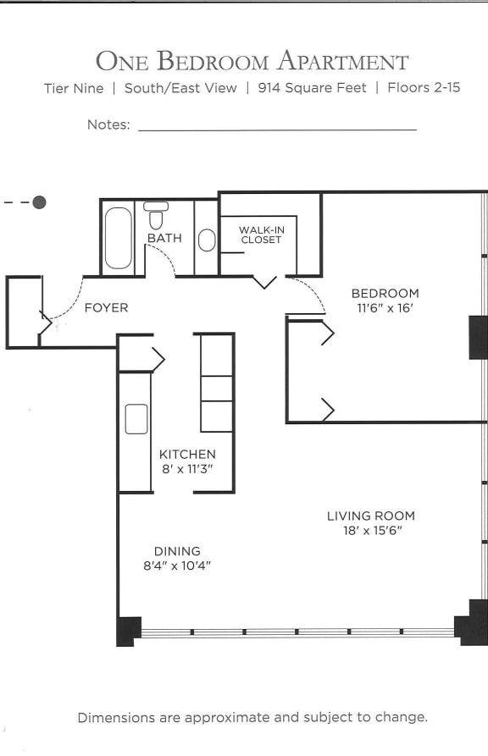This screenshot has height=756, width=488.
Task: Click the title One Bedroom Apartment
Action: click(252, 61)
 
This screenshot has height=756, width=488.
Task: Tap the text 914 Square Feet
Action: click(312, 88)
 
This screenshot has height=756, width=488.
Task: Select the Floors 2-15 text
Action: click(424, 88)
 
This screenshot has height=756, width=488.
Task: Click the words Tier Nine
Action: click(74, 88)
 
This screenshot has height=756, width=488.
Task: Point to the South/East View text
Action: click(180, 88)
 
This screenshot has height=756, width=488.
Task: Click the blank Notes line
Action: click(277, 129)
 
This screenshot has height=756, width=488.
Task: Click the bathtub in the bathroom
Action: click(118, 239)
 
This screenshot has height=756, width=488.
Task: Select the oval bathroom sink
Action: click(207, 240)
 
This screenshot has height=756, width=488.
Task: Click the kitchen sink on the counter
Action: click(136, 419)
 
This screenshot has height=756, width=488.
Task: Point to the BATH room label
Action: click(164, 239)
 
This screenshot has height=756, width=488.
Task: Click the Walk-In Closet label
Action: click(260, 235)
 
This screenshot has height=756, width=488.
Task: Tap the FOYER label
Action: click(106, 308)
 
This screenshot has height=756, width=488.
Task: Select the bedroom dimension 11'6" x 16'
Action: click(385, 309)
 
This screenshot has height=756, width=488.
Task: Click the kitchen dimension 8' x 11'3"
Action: click(187, 469)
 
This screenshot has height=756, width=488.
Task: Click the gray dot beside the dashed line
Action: click(39, 202)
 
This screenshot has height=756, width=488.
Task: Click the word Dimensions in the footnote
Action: click(117, 717)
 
